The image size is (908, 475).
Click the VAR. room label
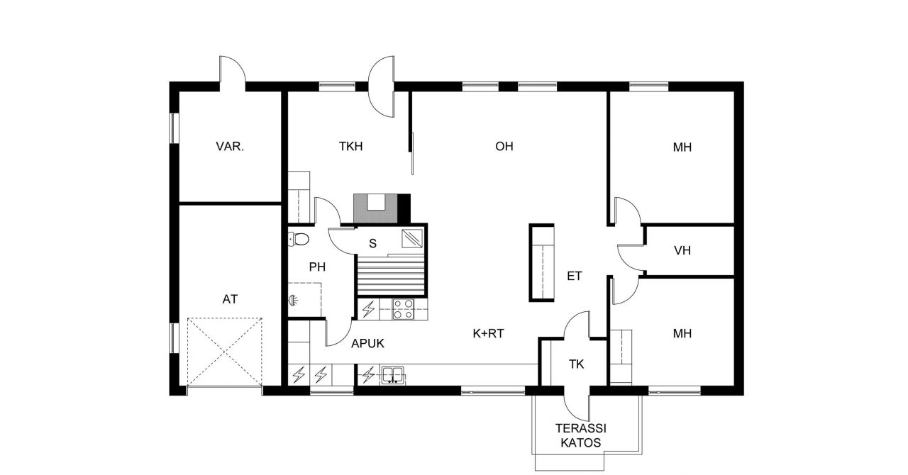pos(230,147)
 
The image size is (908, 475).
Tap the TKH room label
pos(350,147)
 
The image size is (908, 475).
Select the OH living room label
pos(504,147)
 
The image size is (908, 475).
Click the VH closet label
pos(682,250)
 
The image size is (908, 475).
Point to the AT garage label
pos(230,299)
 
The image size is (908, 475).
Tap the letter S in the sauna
pos(372,243)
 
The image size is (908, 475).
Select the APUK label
pos(367,344)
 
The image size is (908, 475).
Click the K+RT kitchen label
pos(488,332)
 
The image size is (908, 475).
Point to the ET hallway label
pos(574,276)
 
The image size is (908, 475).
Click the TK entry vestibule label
pos(576,364)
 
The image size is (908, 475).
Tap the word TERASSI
pos(581,428)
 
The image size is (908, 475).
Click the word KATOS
pos(581,443)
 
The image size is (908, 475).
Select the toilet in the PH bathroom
pos(299,239)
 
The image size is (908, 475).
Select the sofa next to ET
pos(542,263)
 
